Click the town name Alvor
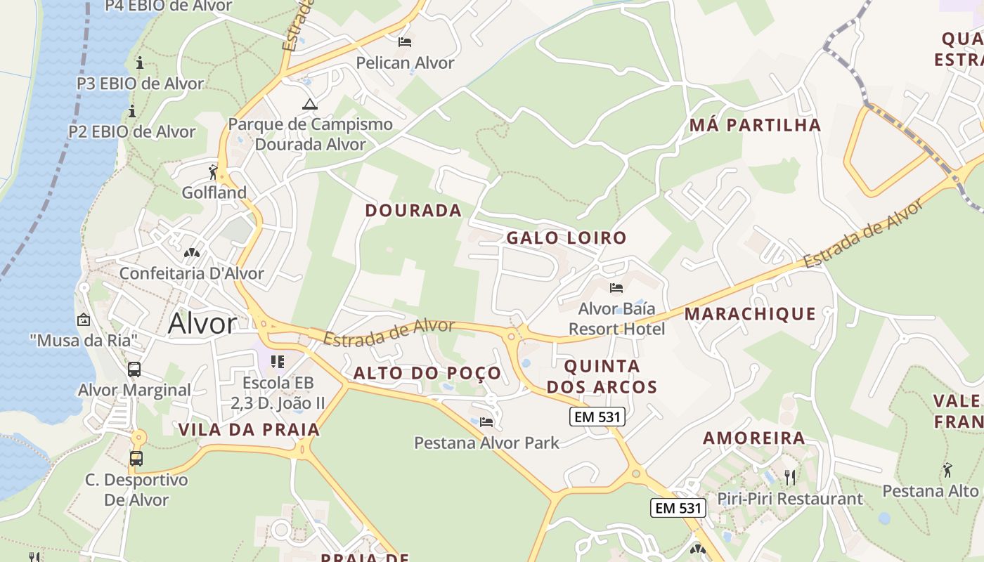(202, 324)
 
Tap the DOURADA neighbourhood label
(413, 210)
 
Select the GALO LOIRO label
(567, 237)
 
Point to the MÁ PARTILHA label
(755, 125)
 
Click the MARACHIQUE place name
(750, 313)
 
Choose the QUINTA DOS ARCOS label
(602, 377)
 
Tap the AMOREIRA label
(754, 438)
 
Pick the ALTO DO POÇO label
(427, 373)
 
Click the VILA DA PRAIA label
(249, 429)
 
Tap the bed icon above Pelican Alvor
(405, 42)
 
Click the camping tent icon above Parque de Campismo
(310, 105)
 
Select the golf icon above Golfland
(214, 171)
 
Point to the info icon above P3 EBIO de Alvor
(140, 63)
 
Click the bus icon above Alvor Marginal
(134, 369)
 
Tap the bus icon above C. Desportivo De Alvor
(136, 459)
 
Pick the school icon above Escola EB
(278, 362)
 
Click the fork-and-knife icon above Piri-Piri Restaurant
(790, 478)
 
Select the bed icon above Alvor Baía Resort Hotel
(616, 288)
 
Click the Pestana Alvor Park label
(486, 443)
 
